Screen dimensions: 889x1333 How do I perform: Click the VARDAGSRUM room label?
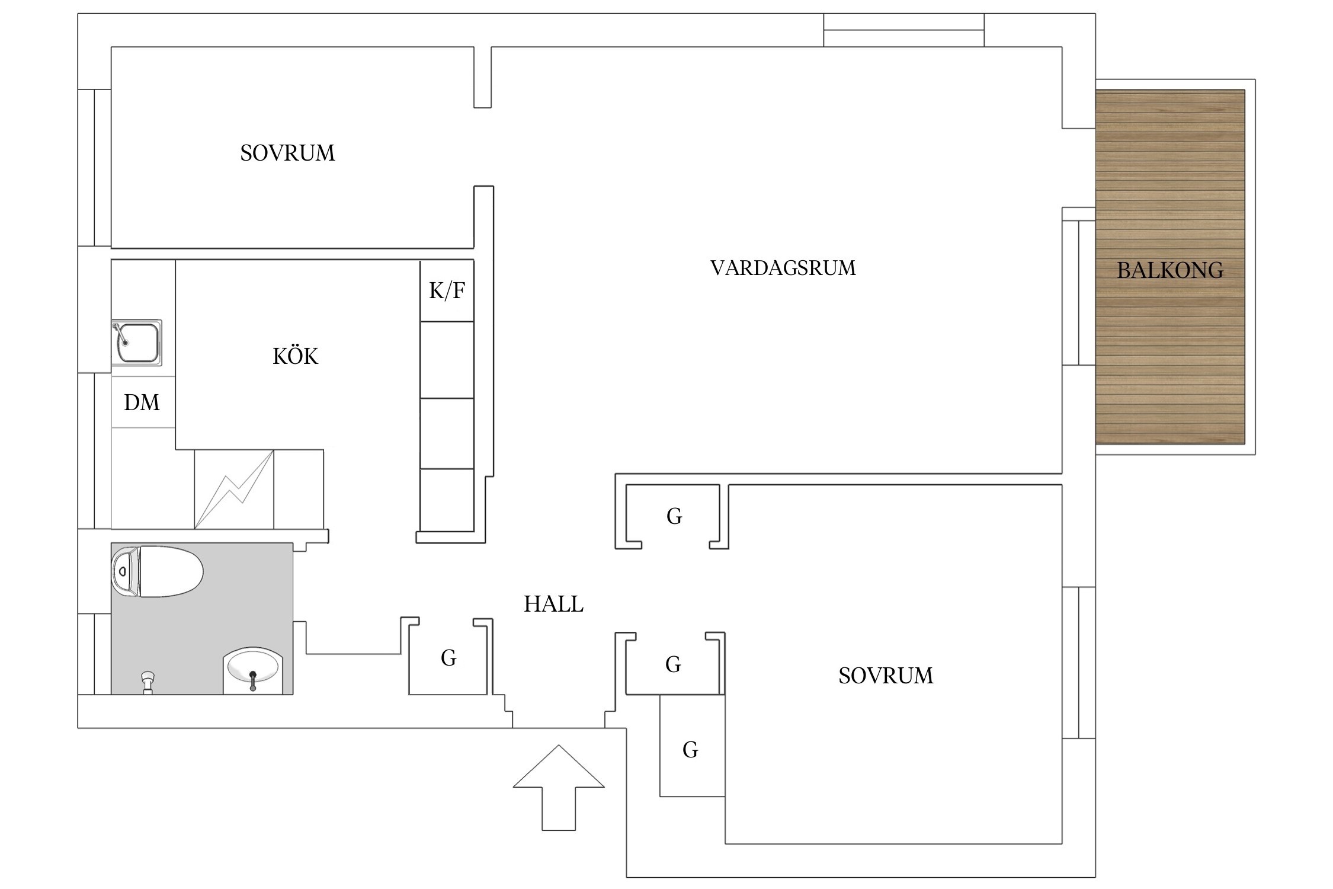click(783, 268)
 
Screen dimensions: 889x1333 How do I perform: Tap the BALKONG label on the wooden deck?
click(1169, 270)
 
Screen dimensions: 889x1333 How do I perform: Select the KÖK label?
click(295, 356)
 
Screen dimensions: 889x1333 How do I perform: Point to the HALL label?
click(553, 604)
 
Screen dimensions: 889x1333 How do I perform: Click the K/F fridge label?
click(447, 290)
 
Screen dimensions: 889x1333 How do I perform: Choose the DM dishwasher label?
click(142, 402)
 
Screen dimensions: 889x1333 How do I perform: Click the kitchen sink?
click(137, 343)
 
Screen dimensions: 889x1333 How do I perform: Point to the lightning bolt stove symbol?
click(234, 490)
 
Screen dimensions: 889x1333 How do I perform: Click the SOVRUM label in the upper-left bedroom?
click(287, 153)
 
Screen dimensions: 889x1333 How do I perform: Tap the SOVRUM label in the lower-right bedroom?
click(886, 676)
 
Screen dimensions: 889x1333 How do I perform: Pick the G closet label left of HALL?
click(448, 658)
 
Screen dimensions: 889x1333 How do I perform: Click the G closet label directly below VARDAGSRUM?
click(674, 516)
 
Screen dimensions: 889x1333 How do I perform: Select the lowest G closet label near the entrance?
click(690, 750)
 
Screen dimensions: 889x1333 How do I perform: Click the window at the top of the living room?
click(903, 30)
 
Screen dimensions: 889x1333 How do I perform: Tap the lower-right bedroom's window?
click(1078, 662)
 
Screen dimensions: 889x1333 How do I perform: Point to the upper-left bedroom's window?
click(95, 168)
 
